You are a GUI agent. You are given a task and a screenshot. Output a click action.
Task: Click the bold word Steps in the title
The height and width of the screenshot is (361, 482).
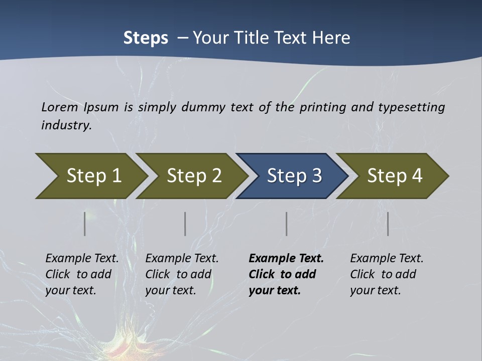pyautogui.click(x=146, y=38)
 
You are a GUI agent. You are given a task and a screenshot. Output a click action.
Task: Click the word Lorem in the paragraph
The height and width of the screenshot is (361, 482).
pyautogui.click(x=59, y=107)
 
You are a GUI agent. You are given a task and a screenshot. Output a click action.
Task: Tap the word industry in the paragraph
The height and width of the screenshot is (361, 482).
pyautogui.click(x=66, y=125)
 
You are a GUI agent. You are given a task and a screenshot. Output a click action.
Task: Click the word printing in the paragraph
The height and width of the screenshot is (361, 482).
pyautogui.click(x=322, y=107)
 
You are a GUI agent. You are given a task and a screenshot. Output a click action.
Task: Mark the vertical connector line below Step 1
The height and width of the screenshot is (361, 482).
pyautogui.click(x=84, y=224)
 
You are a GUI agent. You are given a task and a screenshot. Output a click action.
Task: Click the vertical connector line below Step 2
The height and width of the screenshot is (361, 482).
pyautogui.click(x=185, y=224)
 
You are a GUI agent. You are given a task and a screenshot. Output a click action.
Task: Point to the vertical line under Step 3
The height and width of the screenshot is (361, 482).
pyautogui.click(x=286, y=224)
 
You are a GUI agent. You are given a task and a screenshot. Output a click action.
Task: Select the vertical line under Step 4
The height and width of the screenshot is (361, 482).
pyautogui.click(x=388, y=224)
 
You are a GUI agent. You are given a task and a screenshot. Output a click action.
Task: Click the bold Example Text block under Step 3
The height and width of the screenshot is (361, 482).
pyautogui.click(x=286, y=274)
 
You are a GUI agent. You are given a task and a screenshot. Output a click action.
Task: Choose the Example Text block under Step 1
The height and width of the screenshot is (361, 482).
pyautogui.click(x=81, y=274)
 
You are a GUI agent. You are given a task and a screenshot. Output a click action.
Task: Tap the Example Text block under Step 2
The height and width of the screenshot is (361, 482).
pyautogui.click(x=181, y=274)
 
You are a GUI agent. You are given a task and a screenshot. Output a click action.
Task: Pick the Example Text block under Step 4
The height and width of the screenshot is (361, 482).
pyautogui.click(x=386, y=274)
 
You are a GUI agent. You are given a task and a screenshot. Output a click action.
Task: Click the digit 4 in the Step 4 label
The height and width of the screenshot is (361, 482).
pyautogui.click(x=417, y=175)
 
